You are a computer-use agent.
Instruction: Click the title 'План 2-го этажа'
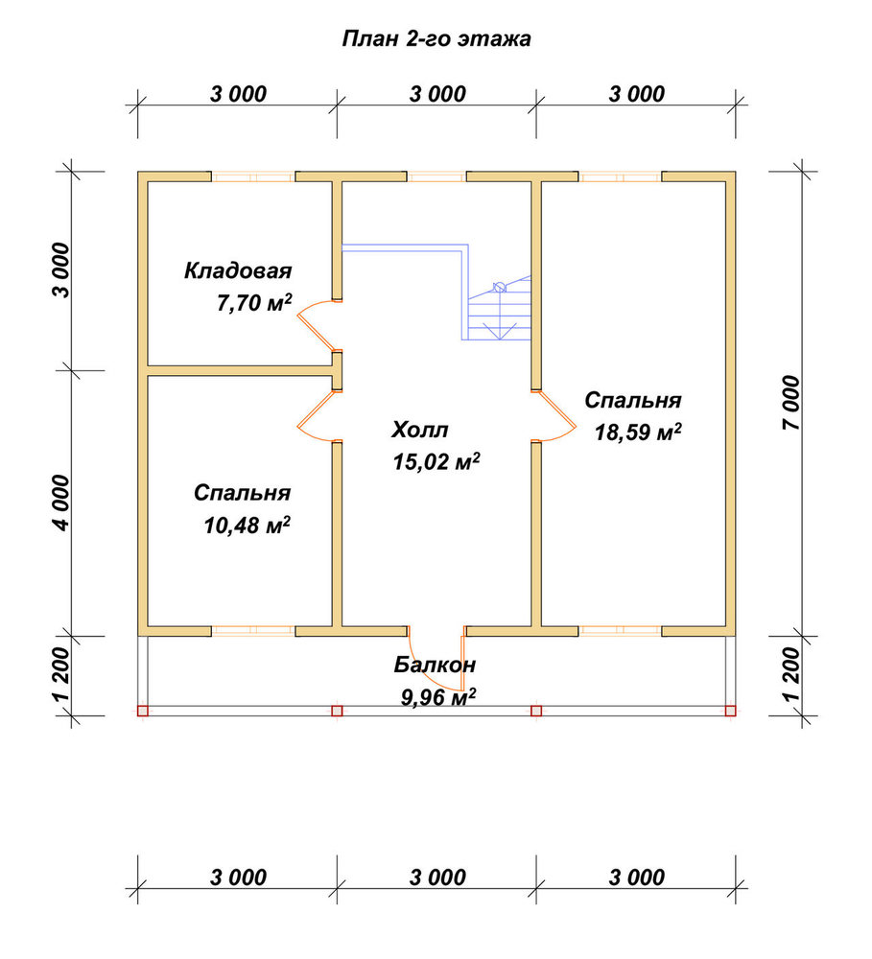pyautogui.click(x=436, y=39)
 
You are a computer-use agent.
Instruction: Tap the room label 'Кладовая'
pyautogui.click(x=238, y=271)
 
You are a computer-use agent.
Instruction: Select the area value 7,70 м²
pyautogui.click(x=254, y=303)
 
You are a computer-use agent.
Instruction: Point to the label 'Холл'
pyautogui.click(x=420, y=430)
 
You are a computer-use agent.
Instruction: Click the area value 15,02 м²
pyautogui.click(x=436, y=462)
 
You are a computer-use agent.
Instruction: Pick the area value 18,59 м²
pyautogui.click(x=638, y=433)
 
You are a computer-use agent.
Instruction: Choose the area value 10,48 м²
pyautogui.click(x=247, y=525)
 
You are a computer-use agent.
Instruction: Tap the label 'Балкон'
pyautogui.click(x=435, y=665)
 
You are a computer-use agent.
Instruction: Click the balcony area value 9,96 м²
pyautogui.click(x=438, y=697)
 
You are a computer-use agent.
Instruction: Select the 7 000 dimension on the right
pyautogui.click(x=791, y=403)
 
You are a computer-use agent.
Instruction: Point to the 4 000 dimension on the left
pyautogui.click(x=61, y=503)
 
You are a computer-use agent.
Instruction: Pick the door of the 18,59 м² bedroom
pyautogui.click(x=554, y=416)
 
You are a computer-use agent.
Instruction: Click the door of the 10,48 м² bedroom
pyautogui.click(x=318, y=416)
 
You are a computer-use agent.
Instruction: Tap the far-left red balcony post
pyautogui.click(x=143, y=711)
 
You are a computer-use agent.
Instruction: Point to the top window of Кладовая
pyautogui.click(x=253, y=176)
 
